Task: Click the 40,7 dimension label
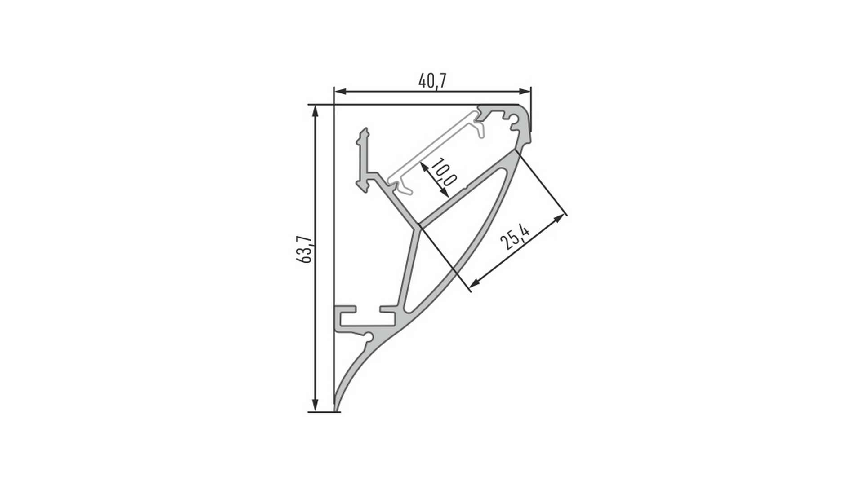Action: [432, 81]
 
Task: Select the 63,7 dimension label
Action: [304, 250]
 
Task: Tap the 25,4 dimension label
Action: [515, 236]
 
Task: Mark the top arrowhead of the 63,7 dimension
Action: [316, 110]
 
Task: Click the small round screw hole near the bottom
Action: [369, 336]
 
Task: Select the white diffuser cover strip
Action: [431, 150]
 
